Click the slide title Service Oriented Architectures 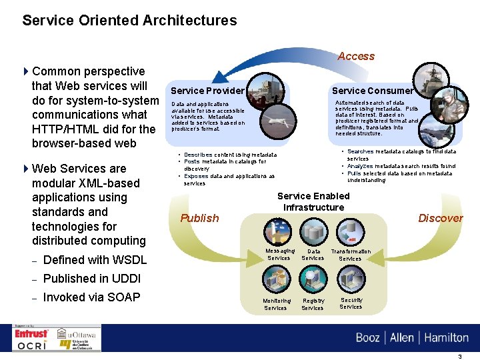129,21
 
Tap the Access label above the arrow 355,57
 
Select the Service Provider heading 207,91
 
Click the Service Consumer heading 373,91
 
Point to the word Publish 199,218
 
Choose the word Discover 440,218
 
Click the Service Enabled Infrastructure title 313,201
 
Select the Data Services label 313,255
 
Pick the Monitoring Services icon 276,279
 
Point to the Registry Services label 313,305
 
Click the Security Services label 351,303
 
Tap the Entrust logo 32,333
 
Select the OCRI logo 32,345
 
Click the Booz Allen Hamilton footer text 412,337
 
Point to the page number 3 459,357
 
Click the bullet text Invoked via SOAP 91,297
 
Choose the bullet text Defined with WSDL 94,260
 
